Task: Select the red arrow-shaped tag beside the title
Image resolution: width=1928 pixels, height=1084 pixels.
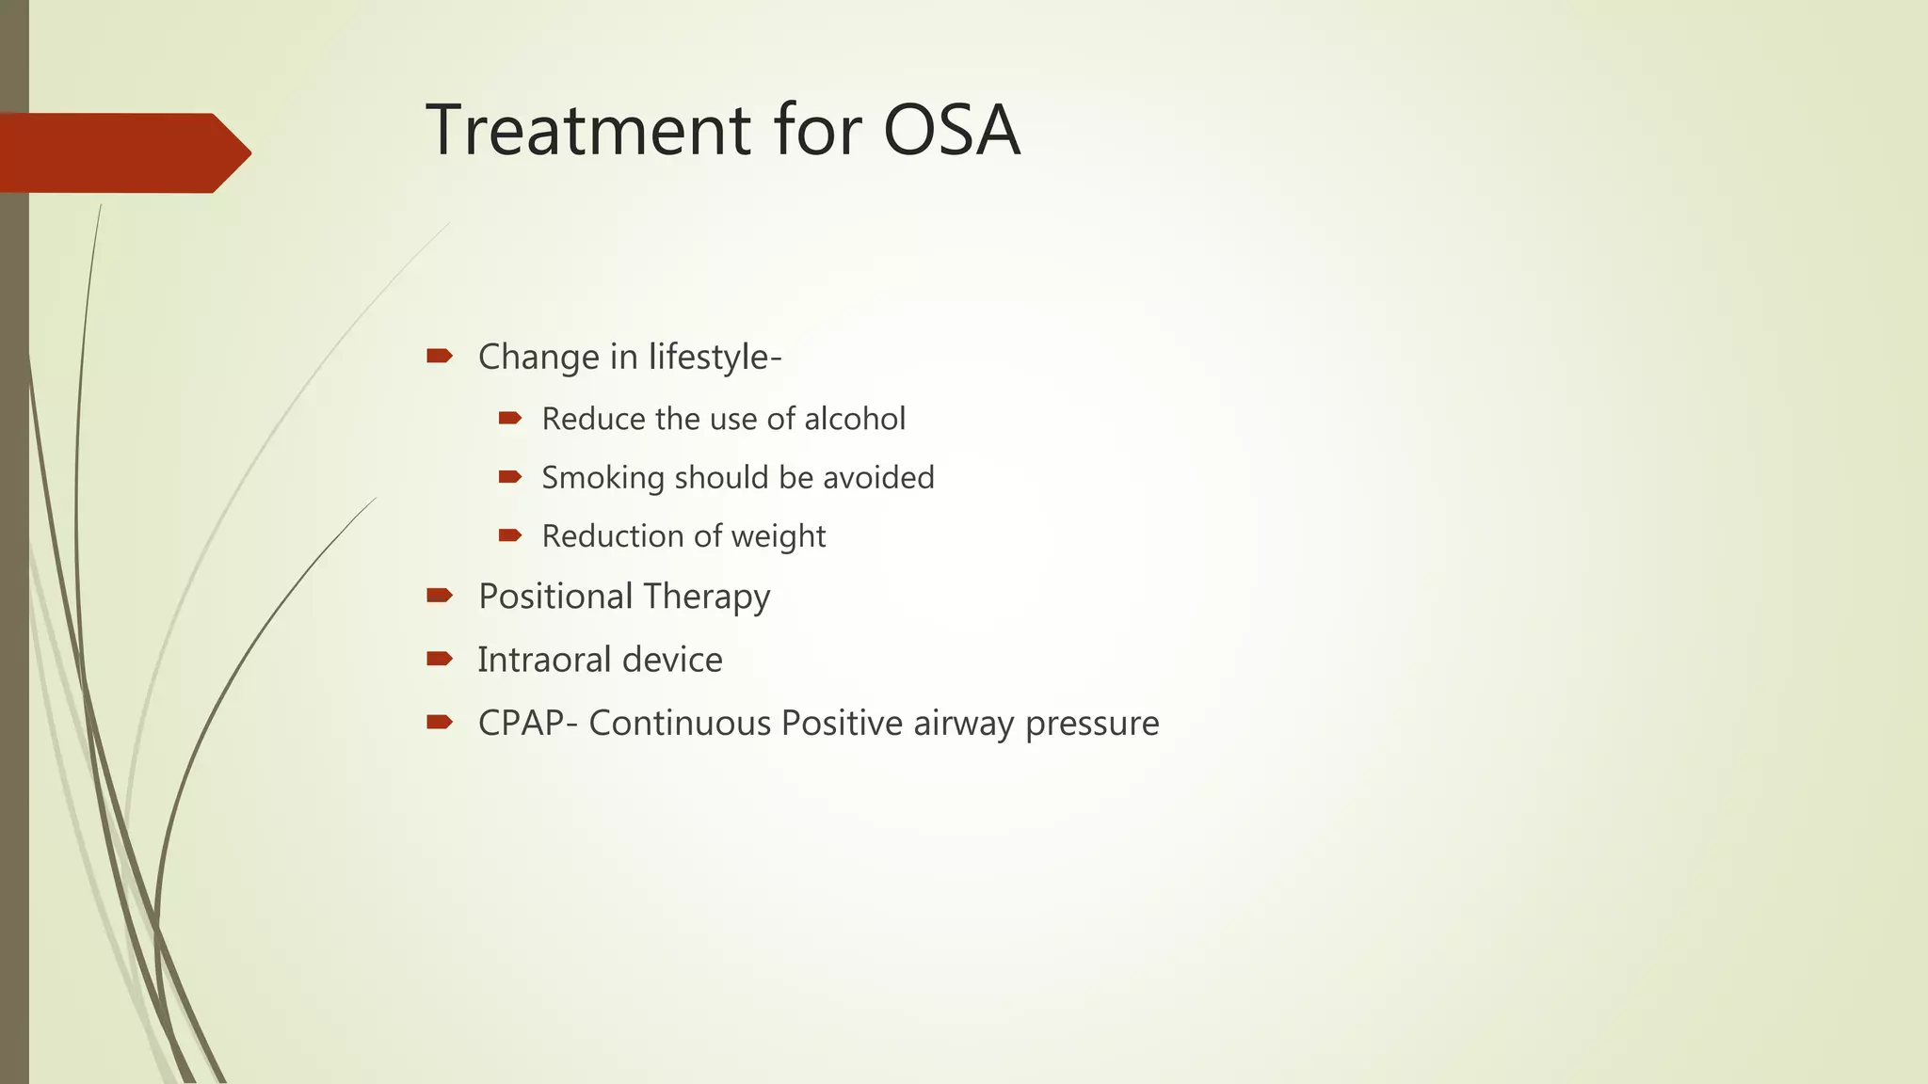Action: pyautogui.click(x=122, y=152)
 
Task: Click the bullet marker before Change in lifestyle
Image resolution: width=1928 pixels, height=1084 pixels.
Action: pyautogui.click(x=439, y=356)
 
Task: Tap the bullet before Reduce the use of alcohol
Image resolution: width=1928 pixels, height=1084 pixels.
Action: pyautogui.click(x=509, y=418)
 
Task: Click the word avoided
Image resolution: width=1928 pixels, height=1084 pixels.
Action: pyautogui.click(x=878, y=477)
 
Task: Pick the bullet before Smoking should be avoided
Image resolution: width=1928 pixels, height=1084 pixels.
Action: pyautogui.click(x=509, y=477)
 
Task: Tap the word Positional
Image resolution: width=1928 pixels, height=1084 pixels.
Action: pyautogui.click(x=555, y=597)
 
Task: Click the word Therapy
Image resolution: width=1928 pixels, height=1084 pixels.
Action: pyautogui.click(x=707, y=597)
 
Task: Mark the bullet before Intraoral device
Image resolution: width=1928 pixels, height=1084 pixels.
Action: pyautogui.click(x=439, y=659)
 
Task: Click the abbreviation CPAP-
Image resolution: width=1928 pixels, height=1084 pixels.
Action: pyautogui.click(x=528, y=724)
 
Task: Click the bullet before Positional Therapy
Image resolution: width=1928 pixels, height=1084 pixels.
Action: pyautogui.click(x=439, y=595)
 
